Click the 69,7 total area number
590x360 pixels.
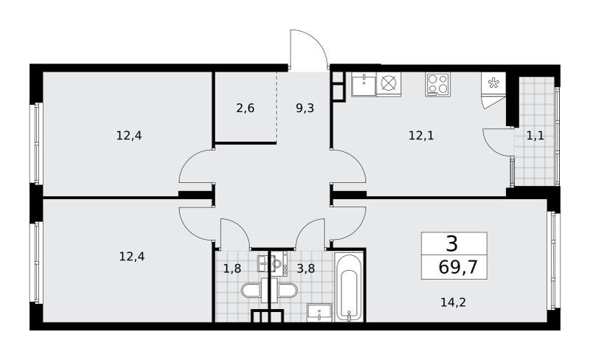click(x=457, y=267)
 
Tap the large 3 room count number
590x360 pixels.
click(x=452, y=243)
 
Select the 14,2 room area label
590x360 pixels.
click(x=453, y=302)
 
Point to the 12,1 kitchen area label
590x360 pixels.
click(x=421, y=135)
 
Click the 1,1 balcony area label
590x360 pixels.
click(x=535, y=135)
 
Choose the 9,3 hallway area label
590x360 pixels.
click(x=305, y=108)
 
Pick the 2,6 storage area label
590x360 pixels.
click(x=246, y=108)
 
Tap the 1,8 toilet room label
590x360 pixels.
click(x=232, y=269)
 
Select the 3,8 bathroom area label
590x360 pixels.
click(x=305, y=269)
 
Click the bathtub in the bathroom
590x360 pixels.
click(x=349, y=287)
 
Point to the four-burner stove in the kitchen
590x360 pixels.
click(x=438, y=84)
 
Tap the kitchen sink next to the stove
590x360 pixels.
click(x=364, y=84)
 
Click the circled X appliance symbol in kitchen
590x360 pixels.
click(x=389, y=83)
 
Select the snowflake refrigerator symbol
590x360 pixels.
click(x=493, y=83)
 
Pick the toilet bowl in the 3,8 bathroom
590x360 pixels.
click(x=287, y=291)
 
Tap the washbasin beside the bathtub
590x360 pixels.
click(x=319, y=313)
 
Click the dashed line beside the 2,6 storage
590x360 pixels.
click(x=277, y=107)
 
